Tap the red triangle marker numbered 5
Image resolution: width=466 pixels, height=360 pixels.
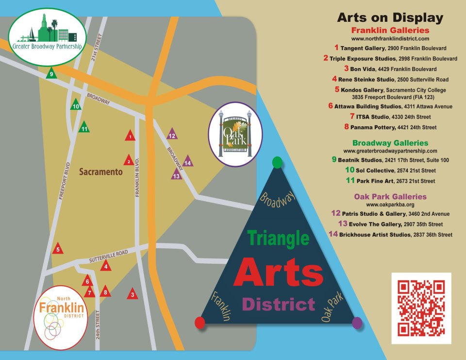click(x=58, y=249)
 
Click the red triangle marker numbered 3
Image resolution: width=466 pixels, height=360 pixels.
click(x=132, y=294)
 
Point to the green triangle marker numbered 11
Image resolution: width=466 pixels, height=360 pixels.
click(x=84, y=128)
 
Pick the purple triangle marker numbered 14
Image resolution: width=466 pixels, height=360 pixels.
click(x=187, y=162)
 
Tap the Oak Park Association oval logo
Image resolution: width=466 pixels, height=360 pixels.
click(x=235, y=134)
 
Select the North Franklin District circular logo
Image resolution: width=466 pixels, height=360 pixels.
click(x=61, y=311)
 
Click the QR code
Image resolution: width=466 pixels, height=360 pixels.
click(x=421, y=308)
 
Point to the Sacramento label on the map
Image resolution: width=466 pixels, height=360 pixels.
click(x=100, y=172)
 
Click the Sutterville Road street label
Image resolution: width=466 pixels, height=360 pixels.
click(x=108, y=257)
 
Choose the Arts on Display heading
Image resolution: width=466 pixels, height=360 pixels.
click(x=390, y=18)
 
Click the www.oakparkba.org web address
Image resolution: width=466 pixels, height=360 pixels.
click(x=390, y=205)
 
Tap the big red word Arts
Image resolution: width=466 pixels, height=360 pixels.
click(x=278, y=272)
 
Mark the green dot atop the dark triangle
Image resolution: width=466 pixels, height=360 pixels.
click(x=277, y=162)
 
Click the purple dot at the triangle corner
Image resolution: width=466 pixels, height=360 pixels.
click(x=357, y=322)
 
